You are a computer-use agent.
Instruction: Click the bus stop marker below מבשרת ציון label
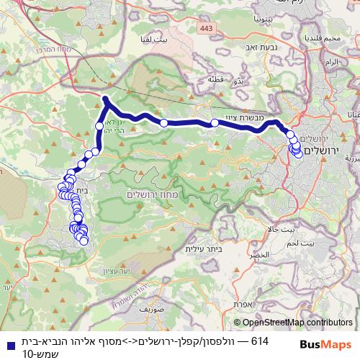(215, 123)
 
